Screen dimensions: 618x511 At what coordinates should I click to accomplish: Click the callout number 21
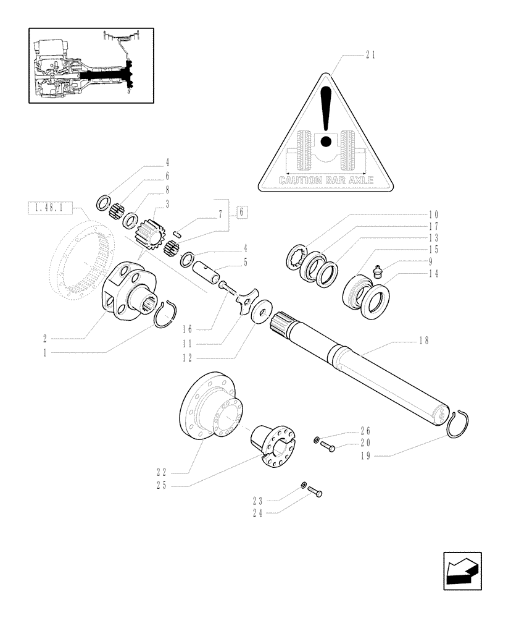pos(370,55)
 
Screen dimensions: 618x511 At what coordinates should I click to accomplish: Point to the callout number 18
pos(423,341)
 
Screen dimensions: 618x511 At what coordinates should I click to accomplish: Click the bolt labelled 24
pos(314,492)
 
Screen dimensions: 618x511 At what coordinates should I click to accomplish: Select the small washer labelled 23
pos(304,485)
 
